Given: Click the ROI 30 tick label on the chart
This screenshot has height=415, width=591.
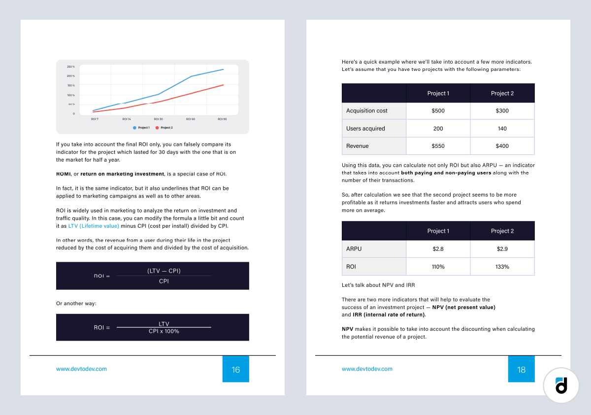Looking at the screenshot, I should coord(158,119).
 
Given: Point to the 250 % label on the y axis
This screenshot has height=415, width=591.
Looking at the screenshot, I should coord(70,67).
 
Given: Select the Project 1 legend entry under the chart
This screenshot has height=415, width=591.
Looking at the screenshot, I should coord(141,128).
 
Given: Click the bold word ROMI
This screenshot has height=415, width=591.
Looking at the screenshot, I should coord(63,174).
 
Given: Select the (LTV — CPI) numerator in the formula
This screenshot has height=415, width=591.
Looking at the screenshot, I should coord(164,271).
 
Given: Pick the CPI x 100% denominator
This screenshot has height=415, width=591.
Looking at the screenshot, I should coord(164,331).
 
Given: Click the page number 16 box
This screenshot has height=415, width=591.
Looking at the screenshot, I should coord(236,369).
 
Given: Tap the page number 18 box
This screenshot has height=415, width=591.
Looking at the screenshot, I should coord(522,369).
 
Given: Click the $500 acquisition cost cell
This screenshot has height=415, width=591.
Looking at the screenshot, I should coord(438,111).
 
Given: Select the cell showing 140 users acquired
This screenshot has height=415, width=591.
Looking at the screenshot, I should coord(502,129).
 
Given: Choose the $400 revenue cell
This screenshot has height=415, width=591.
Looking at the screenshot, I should coord(502,146).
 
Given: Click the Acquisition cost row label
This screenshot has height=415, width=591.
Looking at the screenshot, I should coord(367,111).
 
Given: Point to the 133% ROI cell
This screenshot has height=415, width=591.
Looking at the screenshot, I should coord(502,267).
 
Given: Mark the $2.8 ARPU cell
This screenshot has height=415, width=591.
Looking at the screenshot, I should coord(438,249).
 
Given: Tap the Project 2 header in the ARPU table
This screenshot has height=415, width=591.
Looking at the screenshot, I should coord(502,231).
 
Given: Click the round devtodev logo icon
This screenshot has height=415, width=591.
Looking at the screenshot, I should coord(561,385).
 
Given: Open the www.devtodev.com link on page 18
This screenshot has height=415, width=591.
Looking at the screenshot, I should coord(367,369).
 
